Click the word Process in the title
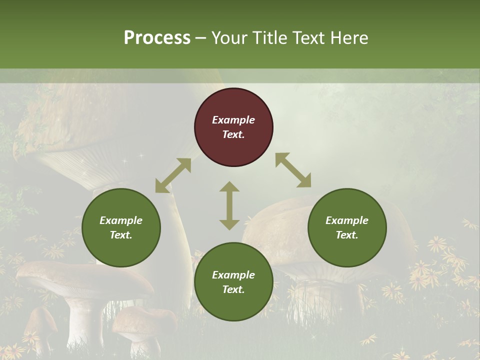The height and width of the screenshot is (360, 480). [157, 38]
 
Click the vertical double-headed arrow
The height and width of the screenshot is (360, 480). [229, 205]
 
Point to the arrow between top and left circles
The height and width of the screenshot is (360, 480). [173, 175]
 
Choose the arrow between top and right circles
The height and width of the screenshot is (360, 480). [293, 170]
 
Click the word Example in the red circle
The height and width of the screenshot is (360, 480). [233, 120]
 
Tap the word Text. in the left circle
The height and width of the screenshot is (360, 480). [121, 235]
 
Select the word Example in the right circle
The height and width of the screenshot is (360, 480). [347, 220]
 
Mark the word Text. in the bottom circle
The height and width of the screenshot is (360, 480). [233, 289]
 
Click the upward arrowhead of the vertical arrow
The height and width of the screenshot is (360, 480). [229, 187]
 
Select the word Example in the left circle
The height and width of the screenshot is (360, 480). [121, 220]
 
